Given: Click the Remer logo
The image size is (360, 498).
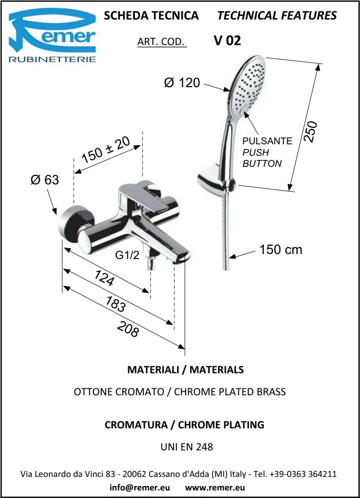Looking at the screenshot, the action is (x=52, y=36).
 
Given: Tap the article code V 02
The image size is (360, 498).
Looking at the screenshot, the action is (x=228, y=41).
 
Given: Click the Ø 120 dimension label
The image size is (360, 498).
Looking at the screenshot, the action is (x=182, y=83).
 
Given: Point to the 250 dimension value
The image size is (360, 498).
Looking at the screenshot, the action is (x=310, y=131).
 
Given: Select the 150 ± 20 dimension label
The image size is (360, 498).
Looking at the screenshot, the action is (x=106, y=150).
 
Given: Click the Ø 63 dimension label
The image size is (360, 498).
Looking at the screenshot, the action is (x=45, y=180).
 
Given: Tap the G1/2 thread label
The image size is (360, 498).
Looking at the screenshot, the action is (x=127, y=255).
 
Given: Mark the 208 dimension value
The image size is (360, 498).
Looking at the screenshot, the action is (x=128, y=329).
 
